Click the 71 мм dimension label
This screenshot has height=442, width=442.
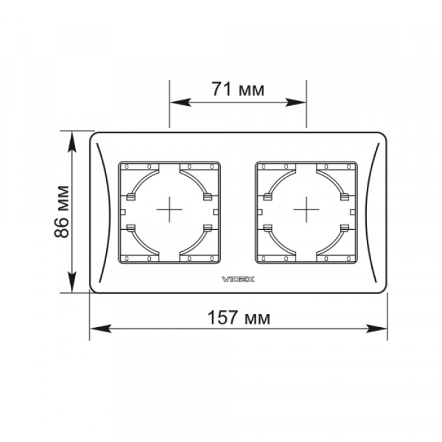pyautogui.click(x=238, y=89)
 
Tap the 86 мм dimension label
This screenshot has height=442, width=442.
pyautogui.click(x=61, y=212)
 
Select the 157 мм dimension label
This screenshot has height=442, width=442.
pyautogui.click(x=239, y=318)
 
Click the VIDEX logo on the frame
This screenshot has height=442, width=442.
pyautogui.click(x=238, y=279)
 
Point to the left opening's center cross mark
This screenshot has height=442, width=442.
pyautogui.click(x=169, y=210)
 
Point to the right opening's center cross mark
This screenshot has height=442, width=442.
pyautogui.click(x=306, y=210)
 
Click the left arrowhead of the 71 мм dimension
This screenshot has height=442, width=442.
pyautogui.click(x=181, y=102)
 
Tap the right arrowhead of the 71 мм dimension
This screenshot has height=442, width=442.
pyautogui.click(x=296, y=102)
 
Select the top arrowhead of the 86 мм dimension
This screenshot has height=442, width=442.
pyautogui.click(x=73, y=142)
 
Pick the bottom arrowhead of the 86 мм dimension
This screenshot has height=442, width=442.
pyautogui.click(x=73, y=282)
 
